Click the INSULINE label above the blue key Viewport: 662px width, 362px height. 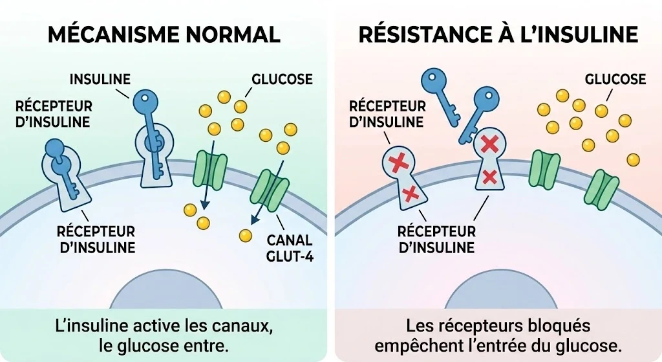pos(100,80)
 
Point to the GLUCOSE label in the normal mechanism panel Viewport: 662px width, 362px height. pos(282,80)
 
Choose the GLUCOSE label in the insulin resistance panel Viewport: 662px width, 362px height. pos(615,80)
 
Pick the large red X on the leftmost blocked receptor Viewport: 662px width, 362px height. pos(399,162)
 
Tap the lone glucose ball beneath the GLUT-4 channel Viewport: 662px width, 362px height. pos(245,234)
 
